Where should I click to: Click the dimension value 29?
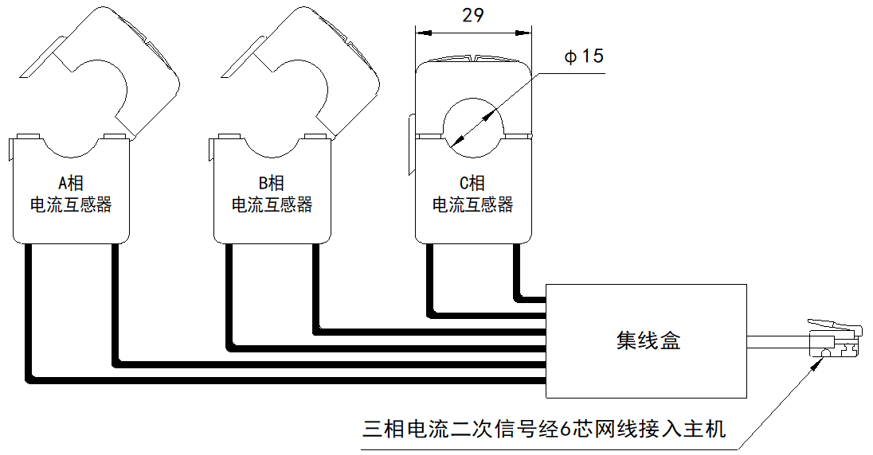coord(473,16)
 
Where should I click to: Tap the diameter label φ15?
coord(584,56)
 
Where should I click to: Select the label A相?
coord(71,182)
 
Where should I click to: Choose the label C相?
coord(473,182)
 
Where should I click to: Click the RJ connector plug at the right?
coord(836,341)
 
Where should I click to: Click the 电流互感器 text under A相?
coord(71,204)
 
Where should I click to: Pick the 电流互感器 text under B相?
coord(272,204)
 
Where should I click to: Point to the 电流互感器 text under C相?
coord(473,204)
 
